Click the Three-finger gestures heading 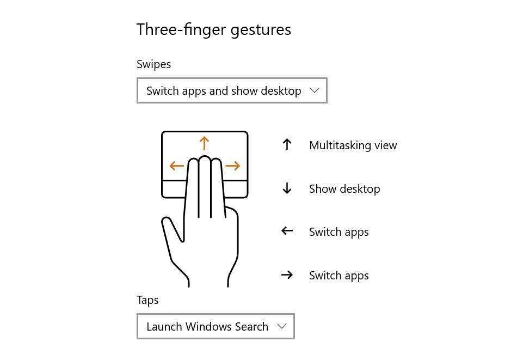214,30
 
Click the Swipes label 154,65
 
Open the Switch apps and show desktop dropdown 232,90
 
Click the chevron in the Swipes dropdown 315,90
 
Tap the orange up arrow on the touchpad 204,143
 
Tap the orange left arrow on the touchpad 177,166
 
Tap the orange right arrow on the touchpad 233,166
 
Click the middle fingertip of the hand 205,159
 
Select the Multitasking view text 353,145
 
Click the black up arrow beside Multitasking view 287,144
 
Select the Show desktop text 344,189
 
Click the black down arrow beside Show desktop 287,188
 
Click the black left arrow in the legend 287,231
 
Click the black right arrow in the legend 287,275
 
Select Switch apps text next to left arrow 339,232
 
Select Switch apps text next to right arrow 339,276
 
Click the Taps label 147,300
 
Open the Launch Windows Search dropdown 216,326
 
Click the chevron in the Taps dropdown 282,326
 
